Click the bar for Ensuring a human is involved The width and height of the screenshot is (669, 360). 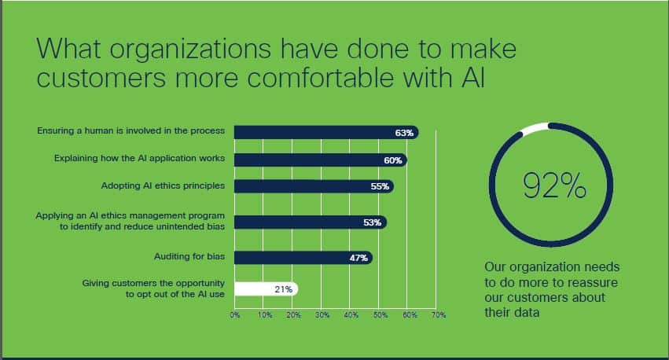pyautogui.click(x=326, y=133)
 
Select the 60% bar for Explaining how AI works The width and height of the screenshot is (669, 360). pyautogui.click(x=321, y=160)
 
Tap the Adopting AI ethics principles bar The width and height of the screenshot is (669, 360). pyautogui.click(x=314, y=186)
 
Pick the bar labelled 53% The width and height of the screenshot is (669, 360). pyautogui.click(x=311, y=222)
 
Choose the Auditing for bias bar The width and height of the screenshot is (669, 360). pyautogui.click(x=303, y=258)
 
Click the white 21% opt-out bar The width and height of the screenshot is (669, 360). pyautogui.click(x=266, y=289)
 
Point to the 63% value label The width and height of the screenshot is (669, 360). pyautogui.click(x=404, y=133)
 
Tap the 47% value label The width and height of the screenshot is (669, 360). pyautogui.click(x=358, y=258)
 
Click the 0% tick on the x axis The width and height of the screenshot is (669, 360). pyautogui.click(x=235, y=315)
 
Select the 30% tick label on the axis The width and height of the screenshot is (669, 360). pyautogui.click(x=322, y=315)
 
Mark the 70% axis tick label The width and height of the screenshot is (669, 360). pyautogui.click(x=439, y=315)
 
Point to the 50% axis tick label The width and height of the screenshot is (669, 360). pyautogui.click(x=380, y=315)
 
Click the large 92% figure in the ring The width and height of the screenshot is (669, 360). pyautogui.click(x=554, y=186)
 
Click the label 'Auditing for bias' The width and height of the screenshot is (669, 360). pyautogui.click(x=189, y=256)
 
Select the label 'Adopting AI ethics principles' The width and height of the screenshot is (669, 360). pyautogui.click(x=163, y=186)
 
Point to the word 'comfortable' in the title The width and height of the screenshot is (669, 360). pyautogui.click(x=320, y=78)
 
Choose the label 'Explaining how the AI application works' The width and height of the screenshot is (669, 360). pyautogui.click(x=139, y=159)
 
